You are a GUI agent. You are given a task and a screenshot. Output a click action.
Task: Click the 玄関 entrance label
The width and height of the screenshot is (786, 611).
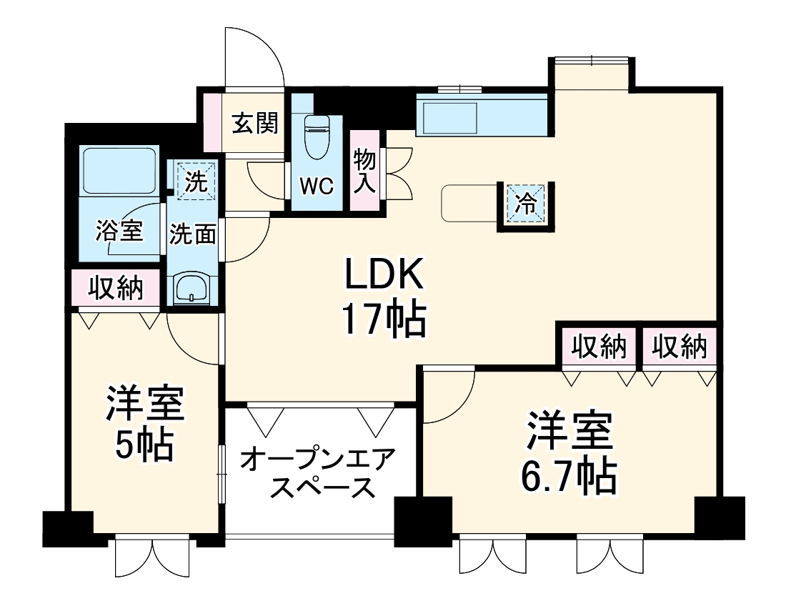254,124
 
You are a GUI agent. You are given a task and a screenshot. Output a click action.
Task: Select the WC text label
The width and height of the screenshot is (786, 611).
316,187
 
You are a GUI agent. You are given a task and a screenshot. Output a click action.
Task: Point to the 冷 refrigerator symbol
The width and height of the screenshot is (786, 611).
525,204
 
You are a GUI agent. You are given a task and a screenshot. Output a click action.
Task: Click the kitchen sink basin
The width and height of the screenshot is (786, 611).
449,117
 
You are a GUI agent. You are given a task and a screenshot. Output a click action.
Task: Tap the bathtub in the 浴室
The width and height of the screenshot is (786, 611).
119,171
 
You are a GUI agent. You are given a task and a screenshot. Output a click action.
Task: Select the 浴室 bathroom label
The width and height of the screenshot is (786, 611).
120,230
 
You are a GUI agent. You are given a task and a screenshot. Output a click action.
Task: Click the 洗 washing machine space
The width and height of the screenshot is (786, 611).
191,180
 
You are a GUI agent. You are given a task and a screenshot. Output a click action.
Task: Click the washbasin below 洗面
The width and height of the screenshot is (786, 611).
191,289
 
